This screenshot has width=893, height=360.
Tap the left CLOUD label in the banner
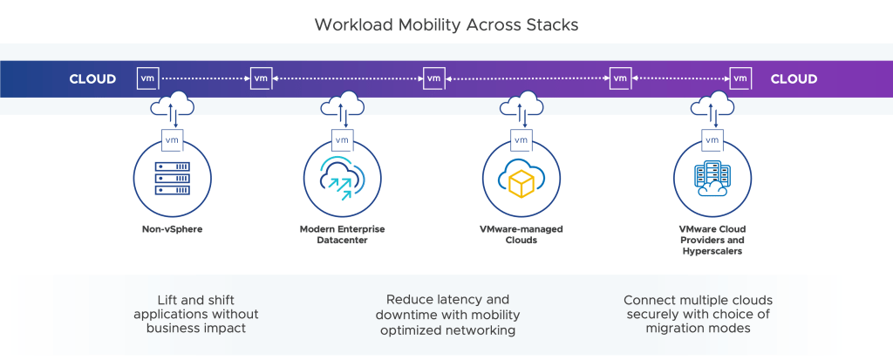92,79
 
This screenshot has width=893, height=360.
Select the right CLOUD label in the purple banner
794,79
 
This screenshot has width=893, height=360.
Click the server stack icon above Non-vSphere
171,178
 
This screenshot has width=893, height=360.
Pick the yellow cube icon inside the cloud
520,180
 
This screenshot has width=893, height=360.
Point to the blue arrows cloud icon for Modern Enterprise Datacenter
342,177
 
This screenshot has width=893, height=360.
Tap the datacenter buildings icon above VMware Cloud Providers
711,179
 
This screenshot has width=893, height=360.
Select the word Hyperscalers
711,251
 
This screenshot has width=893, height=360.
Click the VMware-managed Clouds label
521,234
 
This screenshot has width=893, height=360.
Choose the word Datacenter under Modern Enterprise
342,240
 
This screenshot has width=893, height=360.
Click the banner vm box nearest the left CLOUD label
147,78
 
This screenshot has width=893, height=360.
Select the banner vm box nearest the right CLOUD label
740,78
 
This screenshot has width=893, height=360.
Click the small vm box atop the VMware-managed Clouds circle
521,139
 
